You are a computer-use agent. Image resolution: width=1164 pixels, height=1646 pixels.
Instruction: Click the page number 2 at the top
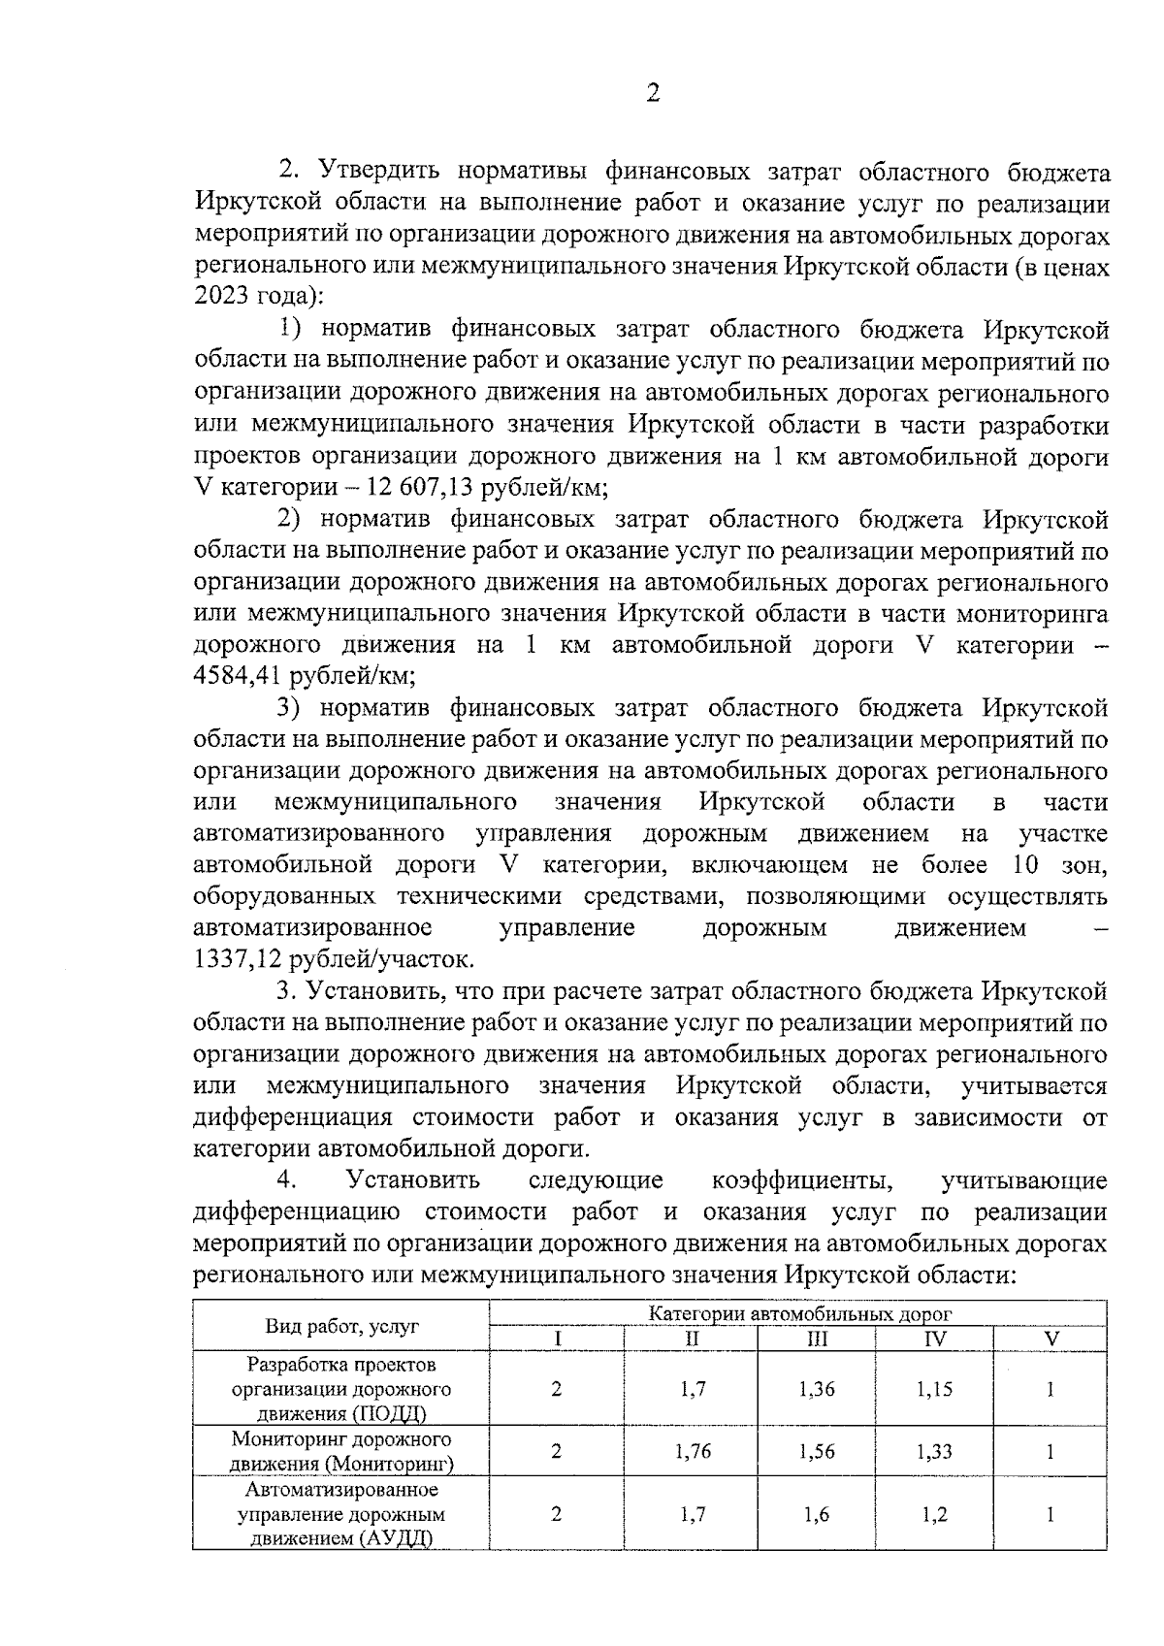(652, 93)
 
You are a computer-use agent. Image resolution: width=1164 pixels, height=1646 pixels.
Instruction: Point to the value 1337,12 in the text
(231, 959)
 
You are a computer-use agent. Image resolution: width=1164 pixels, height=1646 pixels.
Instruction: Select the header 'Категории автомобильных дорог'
(800, 1314)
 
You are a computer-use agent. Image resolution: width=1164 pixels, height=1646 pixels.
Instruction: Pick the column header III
(817, 1339)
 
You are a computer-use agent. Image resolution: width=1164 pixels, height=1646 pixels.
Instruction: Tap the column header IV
(935, 1339)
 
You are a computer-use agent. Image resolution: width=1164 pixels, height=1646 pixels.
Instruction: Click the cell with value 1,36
(817, 1389)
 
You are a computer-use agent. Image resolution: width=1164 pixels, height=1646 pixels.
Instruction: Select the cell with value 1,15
(935, 1389)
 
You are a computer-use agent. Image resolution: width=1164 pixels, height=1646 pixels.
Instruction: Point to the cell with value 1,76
(693, 1452)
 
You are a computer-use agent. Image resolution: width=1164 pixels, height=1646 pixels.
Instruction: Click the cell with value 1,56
(817, 1452)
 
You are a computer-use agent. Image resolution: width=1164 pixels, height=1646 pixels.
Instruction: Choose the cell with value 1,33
(935, 1452)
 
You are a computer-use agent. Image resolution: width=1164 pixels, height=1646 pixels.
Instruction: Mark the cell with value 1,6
(817, 1514)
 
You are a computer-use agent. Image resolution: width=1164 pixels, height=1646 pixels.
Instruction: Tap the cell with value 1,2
(935, 1514)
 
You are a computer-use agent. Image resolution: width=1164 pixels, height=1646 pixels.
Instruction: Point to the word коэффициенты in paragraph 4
(801, 1180)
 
